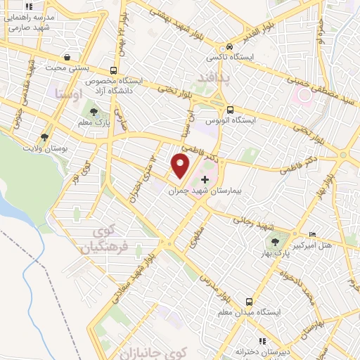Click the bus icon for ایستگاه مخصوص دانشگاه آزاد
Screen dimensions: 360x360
coord(114,70)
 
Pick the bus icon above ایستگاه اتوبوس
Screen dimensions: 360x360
coord(231,109)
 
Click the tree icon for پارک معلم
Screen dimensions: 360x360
coord(93,112)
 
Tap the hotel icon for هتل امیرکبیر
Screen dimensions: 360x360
coord(312,234)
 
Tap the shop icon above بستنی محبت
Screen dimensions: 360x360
coord(67,58)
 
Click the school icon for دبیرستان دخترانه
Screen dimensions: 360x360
coord(262,341)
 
